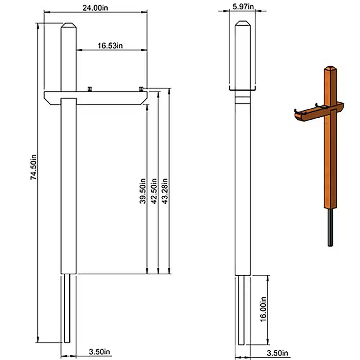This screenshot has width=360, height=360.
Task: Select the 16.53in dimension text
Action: [110, 45]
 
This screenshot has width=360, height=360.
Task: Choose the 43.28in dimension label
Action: [165, 191]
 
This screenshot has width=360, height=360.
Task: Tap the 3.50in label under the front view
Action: [100, 352]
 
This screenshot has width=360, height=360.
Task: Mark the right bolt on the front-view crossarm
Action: [142, 89]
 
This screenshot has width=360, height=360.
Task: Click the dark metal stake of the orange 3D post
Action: [330, 227]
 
